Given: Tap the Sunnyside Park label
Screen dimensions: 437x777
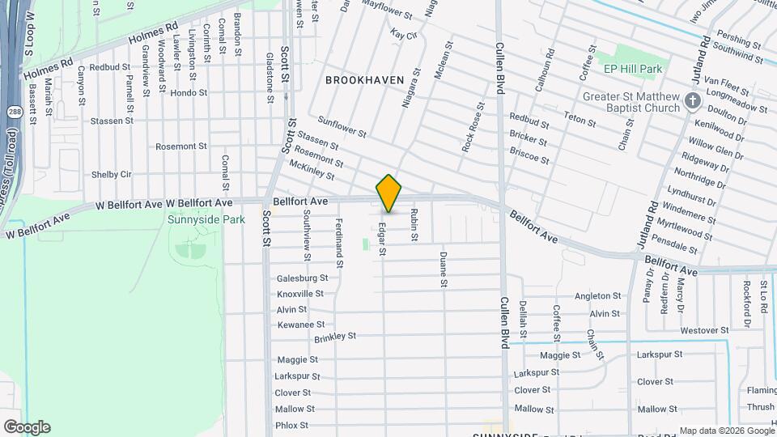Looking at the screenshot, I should [206, 219].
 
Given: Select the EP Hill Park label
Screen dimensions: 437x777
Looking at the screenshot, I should [633, 70].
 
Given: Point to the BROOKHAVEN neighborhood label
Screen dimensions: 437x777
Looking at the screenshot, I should [359, 80].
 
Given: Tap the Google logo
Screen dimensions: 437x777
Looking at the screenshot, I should [27, 427].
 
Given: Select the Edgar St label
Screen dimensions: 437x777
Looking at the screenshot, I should [383, 240].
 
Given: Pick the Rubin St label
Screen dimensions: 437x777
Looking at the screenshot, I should [414, 225].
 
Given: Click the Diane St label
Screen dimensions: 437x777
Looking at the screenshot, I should [444, 269].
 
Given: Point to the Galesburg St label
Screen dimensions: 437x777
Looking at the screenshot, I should [300, 278].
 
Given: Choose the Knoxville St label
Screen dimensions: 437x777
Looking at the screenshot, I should [300, 294].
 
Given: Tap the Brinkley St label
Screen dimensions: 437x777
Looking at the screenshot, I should [335, 336].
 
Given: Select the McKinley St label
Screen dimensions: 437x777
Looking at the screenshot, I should [312, 169].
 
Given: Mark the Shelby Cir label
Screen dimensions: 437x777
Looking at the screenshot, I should [111, 174].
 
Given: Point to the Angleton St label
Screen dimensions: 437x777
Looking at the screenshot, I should [597, 297].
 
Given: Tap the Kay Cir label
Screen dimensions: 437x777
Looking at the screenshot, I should [403, 35].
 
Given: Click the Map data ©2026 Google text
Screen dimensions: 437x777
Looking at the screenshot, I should [725, 431].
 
